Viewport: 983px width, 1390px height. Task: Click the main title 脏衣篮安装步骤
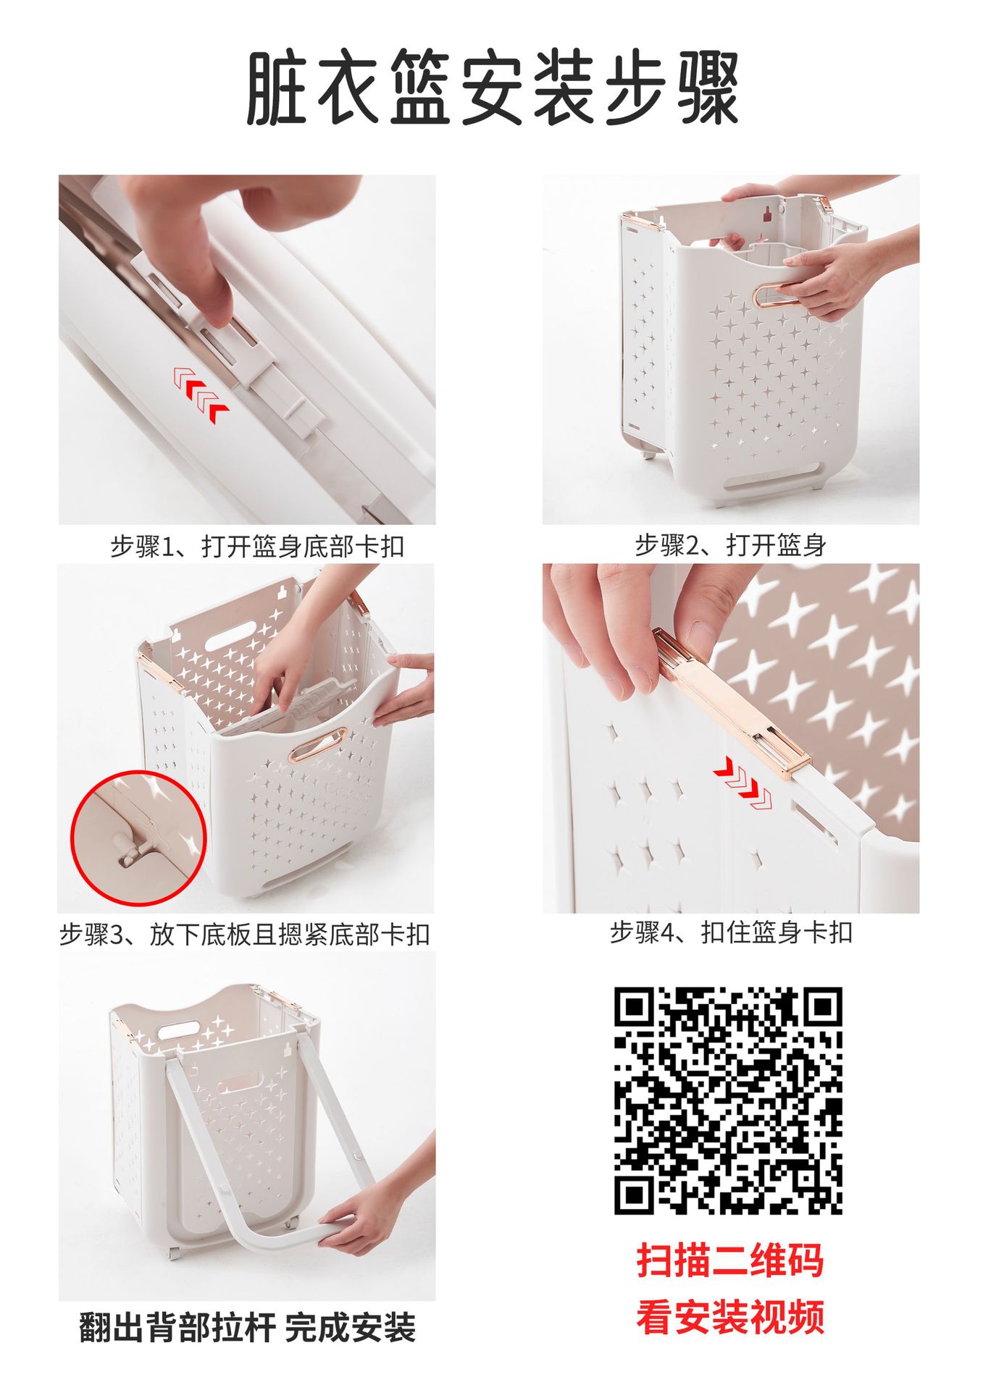pyautogui.click(x=493, y=88)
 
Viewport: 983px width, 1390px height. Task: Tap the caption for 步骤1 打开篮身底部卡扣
pyautogui.click(x=257, y=546)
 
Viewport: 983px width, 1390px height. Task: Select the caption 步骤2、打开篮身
pyautogui.click(x=730, y=544)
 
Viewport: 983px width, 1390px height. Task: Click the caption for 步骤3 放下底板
pyautogui.click(x=245, y=935)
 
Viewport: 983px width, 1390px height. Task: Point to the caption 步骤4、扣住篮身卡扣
pyautogui.click(x=730, y=932)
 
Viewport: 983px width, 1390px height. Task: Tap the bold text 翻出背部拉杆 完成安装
pyautogui.click(x=247, y=1328)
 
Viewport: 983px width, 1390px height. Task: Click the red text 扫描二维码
pyautogui.click(x=730, y=1260)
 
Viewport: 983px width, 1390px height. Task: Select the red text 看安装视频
pyautogui.click(x=730, y=1317)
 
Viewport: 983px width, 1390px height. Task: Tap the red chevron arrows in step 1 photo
pyautogui.click(x=201, y=395)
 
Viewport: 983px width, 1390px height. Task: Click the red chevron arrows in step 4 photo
pyautogui.click(x=743, y=783)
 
